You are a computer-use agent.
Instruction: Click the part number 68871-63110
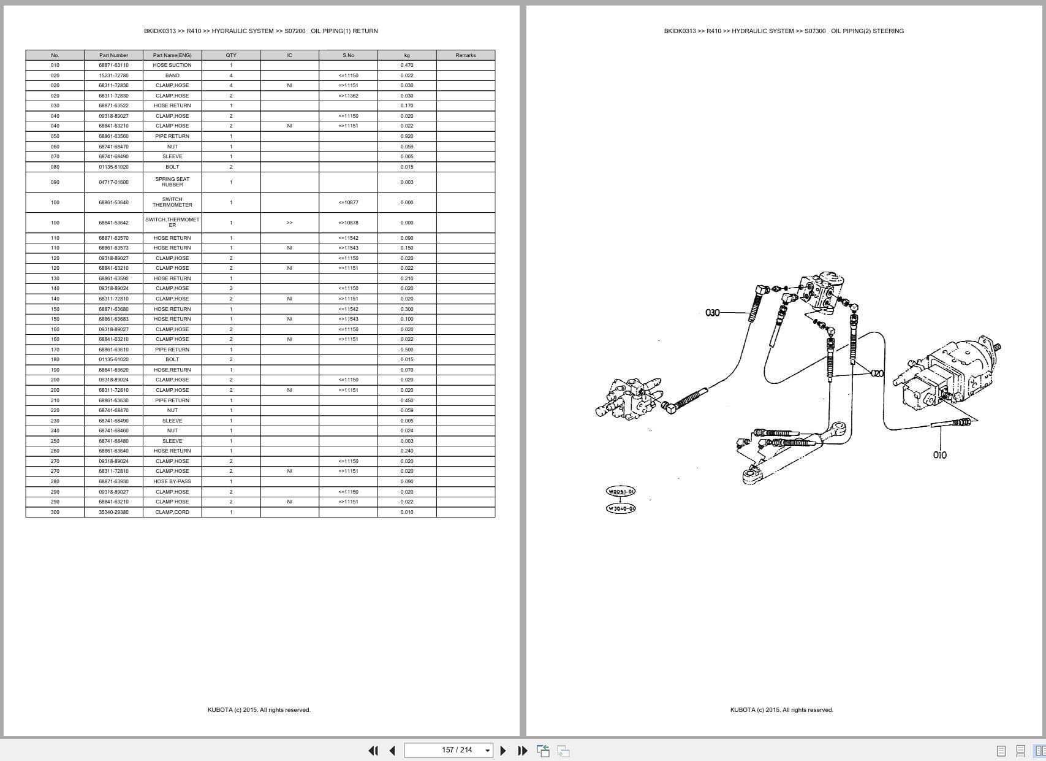click(113, 65)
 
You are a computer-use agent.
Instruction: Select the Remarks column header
click(465, 55)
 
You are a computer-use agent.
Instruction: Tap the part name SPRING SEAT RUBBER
click(172, 182)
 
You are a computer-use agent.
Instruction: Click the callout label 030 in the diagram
click(713, 313)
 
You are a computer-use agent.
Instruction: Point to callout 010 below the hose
click(939, 455)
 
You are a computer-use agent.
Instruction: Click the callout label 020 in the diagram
click(877, 373)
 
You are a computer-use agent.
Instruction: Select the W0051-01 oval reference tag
click(621, 491)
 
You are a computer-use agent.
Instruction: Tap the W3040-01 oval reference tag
click(621, 508)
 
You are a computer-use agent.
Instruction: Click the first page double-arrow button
click(373, 751)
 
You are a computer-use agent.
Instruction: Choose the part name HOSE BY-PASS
click(172, 481)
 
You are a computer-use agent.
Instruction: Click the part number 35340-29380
click(113, 512)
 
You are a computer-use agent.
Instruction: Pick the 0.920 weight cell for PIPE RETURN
click(407, 136)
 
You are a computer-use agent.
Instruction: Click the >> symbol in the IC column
click(289, 223)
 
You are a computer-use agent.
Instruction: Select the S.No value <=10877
click(348, 202)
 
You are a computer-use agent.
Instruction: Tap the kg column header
click(407, 55)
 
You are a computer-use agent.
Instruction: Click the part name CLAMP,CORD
click(172, 512)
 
